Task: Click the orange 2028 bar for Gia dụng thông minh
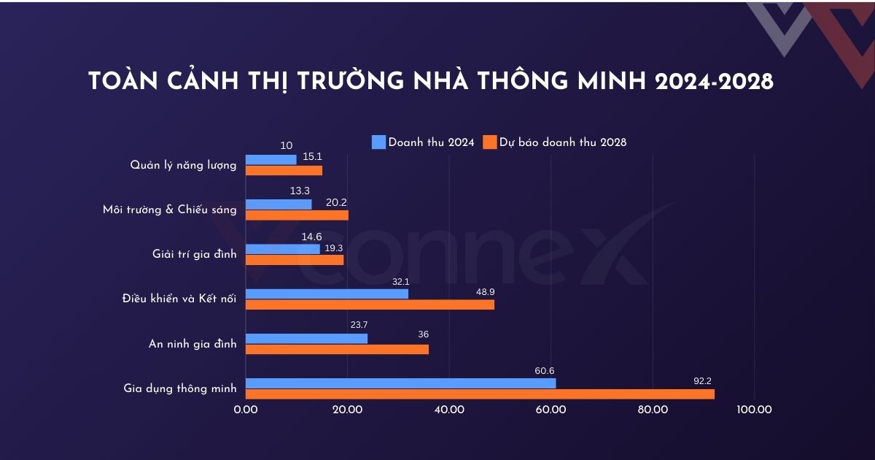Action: [480, 394]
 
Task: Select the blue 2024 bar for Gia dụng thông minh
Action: [400, 383]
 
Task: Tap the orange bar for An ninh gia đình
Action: [337, 349]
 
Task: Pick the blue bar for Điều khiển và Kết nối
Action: [327, 294]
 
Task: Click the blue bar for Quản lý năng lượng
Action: [271, 159]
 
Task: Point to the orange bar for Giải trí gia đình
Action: [295, 260]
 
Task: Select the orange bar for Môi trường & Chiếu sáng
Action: [297, 215]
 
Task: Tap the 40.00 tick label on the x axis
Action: [449, 410]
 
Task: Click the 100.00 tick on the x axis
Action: [754, 410]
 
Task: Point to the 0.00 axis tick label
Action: [246, 410]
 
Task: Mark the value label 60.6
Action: [544, 370]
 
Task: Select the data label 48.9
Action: [484, 291]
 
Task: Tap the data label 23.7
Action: [358, 325]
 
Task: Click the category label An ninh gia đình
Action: [192, 344]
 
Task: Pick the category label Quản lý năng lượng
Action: [183, 165]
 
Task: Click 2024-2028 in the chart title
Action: [713, 82]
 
